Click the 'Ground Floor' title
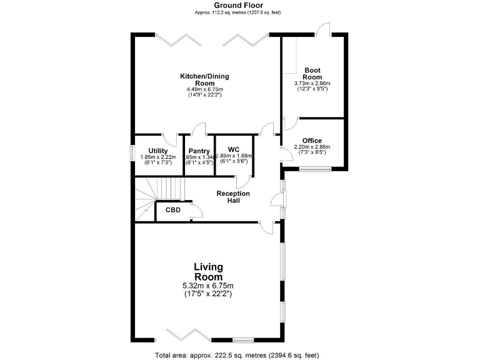coord(240,5)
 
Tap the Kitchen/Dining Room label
coord(205,79)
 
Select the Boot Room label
coord(312,73)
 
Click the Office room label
coord(312,141)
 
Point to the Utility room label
coord(157,151)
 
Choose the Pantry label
coord(199,151)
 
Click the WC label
coord(234,149)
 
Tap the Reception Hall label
coord(233,197)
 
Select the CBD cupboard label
coord(173,210)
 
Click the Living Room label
coord(208,272)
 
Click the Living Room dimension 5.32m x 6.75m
coord(208,286)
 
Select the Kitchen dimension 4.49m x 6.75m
coord(205,89)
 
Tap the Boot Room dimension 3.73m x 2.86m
coord(312,83)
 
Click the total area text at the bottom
coord(240,355)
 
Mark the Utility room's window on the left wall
coord(132,152)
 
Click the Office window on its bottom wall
coord(316,169)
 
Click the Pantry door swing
coord(199,129)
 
